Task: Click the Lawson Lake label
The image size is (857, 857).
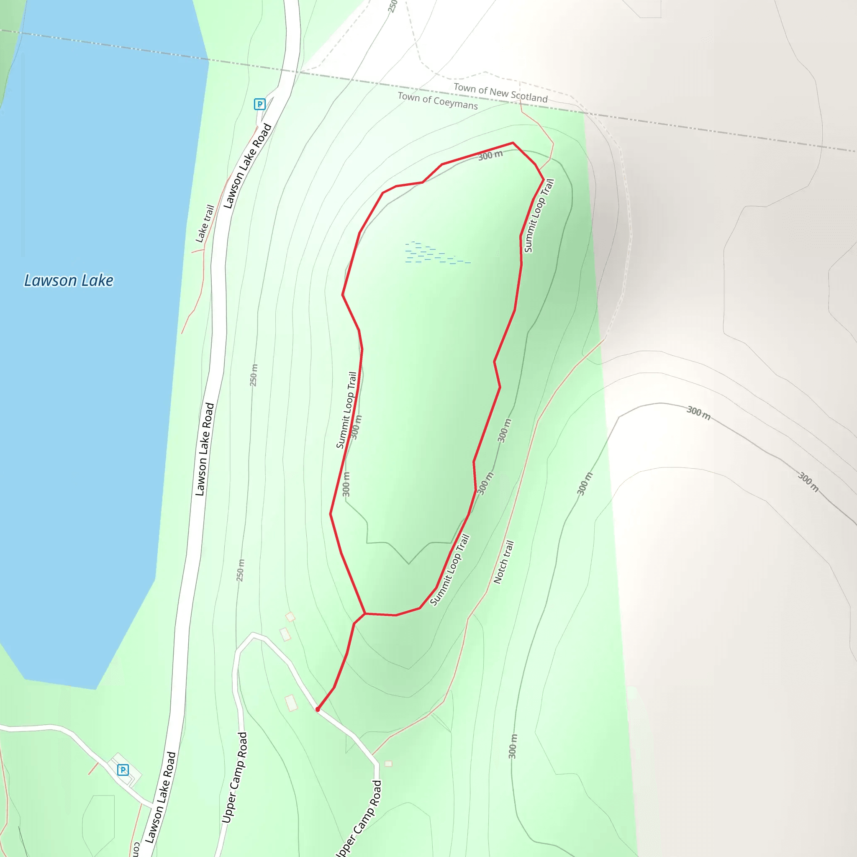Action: coord(69,280)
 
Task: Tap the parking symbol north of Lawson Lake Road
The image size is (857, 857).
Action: coord(259,104)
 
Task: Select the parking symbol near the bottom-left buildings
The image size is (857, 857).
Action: coord(123,770)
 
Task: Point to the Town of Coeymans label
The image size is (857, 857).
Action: coord(437,101)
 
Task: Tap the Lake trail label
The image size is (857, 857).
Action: coord(205,223)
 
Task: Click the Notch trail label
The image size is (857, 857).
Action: coord(504,562)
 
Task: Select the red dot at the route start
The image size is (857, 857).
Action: coord(318,709)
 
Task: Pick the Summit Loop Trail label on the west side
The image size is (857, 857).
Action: coord(346,411)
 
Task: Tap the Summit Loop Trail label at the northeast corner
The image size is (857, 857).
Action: coord(539,216)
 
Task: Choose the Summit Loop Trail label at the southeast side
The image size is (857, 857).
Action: coord(450,570)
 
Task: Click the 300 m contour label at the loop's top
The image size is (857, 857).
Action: coord(490,155)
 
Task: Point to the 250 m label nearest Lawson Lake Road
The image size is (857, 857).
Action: coord(253,375)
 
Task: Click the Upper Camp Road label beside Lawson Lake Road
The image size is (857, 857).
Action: coord(234,778)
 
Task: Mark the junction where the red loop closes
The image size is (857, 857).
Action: coord(364,613)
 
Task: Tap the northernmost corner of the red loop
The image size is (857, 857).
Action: coord(513,143)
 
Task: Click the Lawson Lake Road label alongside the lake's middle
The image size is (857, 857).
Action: coord(205,449)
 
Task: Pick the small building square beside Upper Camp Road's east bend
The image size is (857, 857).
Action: coord(388,763)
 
